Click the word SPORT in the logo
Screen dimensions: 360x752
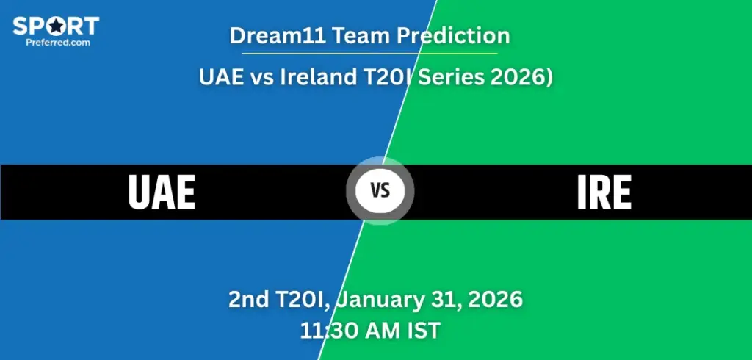click(55, 26)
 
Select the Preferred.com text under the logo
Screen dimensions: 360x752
click(55, 43)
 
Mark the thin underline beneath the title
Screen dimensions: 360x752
click(364, 53)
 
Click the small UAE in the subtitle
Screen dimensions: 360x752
click(220, 76)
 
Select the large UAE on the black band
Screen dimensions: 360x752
click(162, 192)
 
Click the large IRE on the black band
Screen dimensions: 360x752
click(604, 192)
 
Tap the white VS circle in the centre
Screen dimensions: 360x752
click(380, 192)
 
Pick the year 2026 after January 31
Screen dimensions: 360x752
click(493, 300)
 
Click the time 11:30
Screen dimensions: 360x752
click(326, 331)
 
